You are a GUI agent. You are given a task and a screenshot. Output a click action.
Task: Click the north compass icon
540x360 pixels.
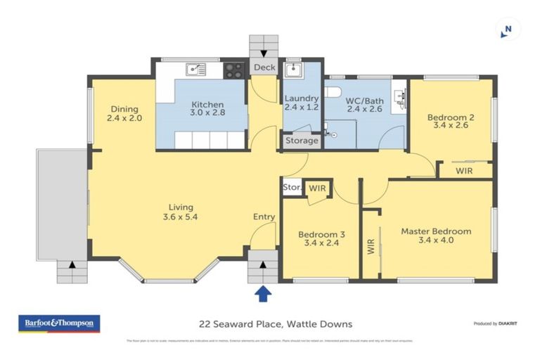(x=505, y=30)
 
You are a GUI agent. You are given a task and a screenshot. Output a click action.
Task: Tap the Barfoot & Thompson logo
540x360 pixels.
(x=58, y=323)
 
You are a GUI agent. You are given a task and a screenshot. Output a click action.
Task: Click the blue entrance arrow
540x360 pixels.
(x=263, y=293)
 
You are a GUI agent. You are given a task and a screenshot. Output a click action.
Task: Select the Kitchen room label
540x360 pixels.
(x=207, y=105)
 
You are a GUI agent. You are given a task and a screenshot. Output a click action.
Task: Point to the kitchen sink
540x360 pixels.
(x=195, y=69)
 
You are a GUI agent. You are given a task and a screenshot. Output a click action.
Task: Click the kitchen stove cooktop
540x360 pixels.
(x=233, y=70)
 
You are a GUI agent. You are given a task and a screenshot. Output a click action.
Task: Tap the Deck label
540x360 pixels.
(x=264, y=67)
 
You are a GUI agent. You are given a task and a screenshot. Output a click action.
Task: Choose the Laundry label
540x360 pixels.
(x=302, y=98)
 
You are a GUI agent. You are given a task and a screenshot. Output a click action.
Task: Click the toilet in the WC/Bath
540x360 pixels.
(x=333, y=91)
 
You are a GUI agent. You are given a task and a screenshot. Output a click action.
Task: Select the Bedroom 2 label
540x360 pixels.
(x=450, y=117)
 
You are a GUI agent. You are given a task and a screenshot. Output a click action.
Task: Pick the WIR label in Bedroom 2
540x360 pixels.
(x=464, y=170)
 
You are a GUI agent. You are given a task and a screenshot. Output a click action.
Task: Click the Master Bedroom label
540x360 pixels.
(x=436, y=231)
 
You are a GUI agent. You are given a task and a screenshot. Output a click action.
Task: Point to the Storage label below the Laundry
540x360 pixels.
(x=302, y=141)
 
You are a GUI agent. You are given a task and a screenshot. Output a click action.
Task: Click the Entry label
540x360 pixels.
(x=264, y=217)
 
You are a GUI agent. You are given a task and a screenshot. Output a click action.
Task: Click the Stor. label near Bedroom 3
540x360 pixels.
(x=291, y=188)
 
